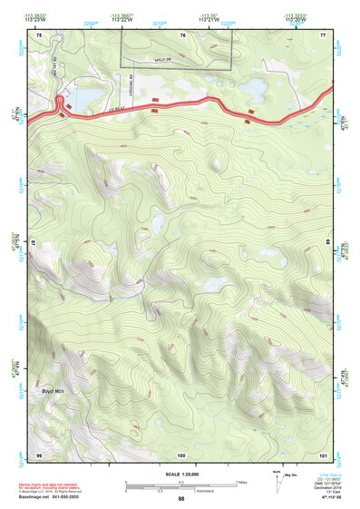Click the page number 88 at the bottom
point(180,499)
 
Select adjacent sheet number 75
point(38,34)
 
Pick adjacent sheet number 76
point(182,34)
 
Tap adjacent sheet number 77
point(323,34)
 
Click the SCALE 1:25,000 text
point(180,475)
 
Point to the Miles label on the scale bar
point(239,482)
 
